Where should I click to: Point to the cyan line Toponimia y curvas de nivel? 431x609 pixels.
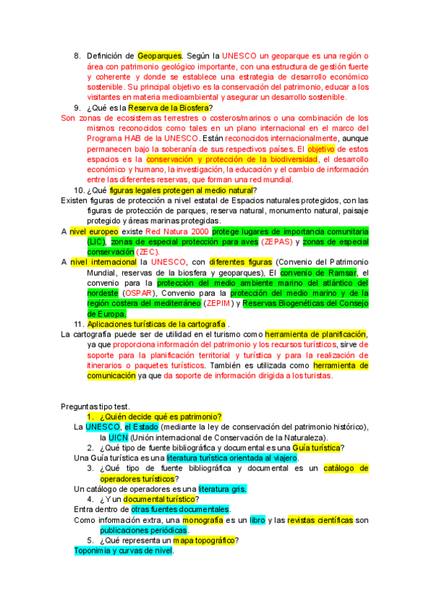tap(124, 551)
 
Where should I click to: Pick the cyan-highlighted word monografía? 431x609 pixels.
tap(203, 520)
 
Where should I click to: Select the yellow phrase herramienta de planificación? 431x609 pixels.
tap(316, 335)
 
